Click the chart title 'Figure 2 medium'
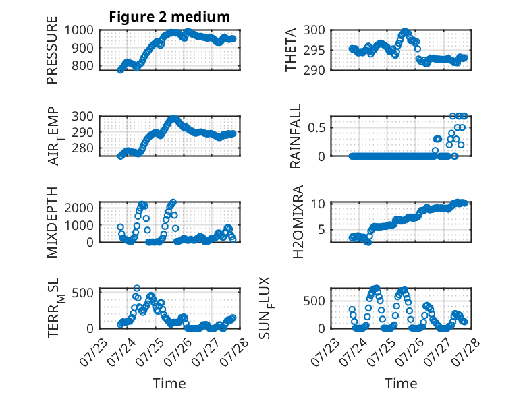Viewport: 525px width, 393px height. point(169,17)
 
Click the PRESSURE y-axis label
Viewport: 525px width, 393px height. point(52,50)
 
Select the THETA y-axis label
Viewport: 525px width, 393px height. point(291,50)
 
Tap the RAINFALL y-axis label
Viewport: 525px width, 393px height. point(296,136)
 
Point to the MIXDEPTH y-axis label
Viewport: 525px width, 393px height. point(52,222)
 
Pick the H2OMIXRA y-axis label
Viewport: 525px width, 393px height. point(298,222)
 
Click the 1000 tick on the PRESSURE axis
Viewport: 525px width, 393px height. point(79,30)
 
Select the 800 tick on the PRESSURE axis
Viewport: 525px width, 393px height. point(83,65)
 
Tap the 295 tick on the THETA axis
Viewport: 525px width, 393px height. point(314,51)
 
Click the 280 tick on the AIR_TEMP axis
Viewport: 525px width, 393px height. point(83,148)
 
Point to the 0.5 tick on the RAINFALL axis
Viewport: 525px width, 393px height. point(316,128)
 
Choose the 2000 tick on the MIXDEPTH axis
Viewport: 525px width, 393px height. point(79,208)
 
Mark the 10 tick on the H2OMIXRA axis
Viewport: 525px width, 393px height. point(318,204)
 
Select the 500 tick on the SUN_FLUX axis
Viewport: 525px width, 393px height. point(314,301)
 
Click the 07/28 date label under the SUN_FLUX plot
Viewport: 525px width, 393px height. point(466,352)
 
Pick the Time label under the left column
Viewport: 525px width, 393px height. point(169,384)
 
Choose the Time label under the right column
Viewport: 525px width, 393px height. point(401,384)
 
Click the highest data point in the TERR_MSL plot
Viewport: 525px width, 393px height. point(136,289)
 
